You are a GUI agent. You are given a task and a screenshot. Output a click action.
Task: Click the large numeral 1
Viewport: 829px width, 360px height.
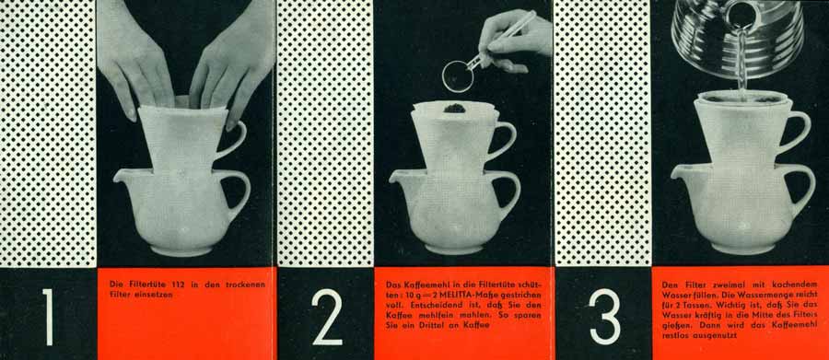[49, 317]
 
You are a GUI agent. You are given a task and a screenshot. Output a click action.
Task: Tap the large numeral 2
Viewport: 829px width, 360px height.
[327, 317]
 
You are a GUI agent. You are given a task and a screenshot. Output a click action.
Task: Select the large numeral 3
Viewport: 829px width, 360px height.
[604, 317]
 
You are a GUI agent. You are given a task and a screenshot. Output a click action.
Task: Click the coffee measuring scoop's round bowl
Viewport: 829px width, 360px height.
[459, 76]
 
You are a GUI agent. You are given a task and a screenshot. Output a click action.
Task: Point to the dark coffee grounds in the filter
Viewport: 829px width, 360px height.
[454, 109]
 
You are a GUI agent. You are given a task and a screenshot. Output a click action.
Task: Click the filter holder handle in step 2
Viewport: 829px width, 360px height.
[503, 140]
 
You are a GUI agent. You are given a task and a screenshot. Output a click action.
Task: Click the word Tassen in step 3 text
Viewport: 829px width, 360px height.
[698, 305]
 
